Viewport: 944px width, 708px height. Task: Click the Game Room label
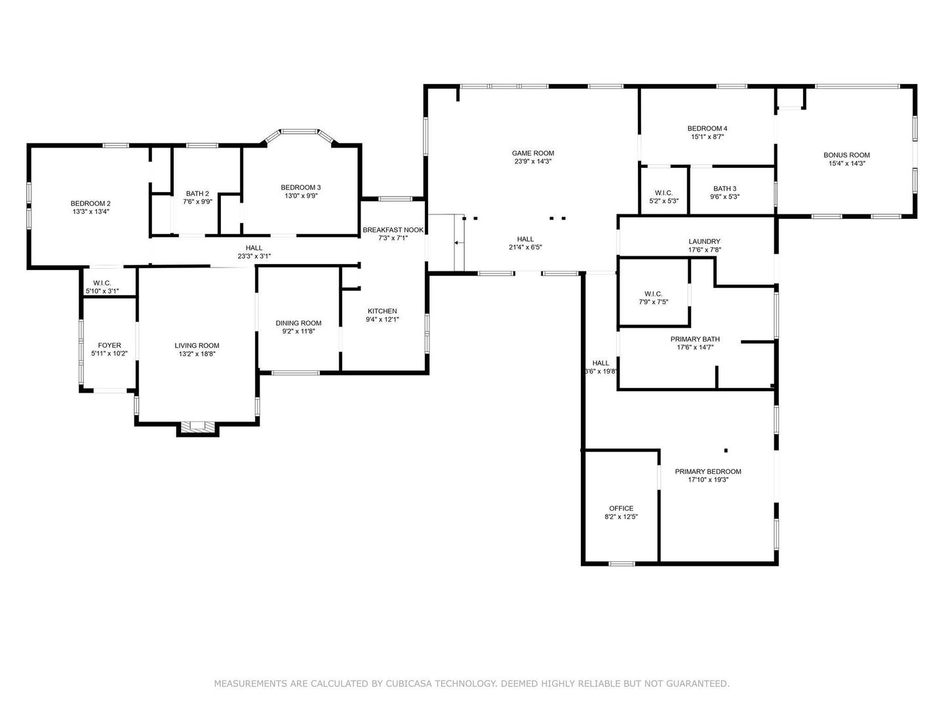pyautogui.click(x=532, y=153)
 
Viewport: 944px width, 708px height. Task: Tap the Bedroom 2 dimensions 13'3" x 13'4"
pyautogui.click(x=90, y=212)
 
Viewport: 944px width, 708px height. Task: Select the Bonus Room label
pyautogui.click(x=846, y=155)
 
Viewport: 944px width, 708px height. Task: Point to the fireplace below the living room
pyautogui.click(x=197, y=427)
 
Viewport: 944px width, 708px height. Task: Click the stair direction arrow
pyautogui.click(x=460, y=243)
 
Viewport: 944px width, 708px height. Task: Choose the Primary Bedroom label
pyautogui.click(x=708, y=471)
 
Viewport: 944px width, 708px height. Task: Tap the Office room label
pyautogui.click(x=621, y=509)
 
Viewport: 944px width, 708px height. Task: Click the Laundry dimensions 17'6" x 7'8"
pyautogui.click(x=704, y=250)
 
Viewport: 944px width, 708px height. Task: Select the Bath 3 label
pyautogui.click(x=724, y=189)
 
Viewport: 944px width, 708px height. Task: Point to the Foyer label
pyautogui.click(x=109, y=345)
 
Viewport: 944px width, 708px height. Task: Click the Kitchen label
pyautogui.click(x=382, y=311)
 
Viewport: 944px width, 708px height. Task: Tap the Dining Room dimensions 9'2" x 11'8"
pyautogui.click(x=298, y=332)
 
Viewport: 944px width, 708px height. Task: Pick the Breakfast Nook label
pyautogui.click(x=393, y=230)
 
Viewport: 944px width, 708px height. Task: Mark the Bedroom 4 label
pyautogui.click(x=707, y=128)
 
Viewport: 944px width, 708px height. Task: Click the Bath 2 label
pyautogui.click(x=197, y=194)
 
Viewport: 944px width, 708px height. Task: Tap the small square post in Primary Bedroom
pyautogui.click(x=726, y=450)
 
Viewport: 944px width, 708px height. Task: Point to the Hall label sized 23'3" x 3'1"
pyautogui.click(x=254, y=248)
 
